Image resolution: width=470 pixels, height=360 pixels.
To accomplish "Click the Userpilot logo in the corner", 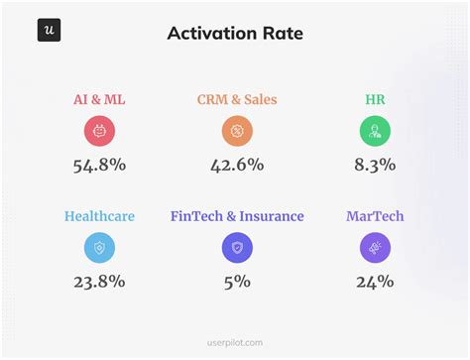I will click(x=50, y=30).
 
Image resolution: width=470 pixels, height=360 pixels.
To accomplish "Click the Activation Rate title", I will click(x=236, y=34).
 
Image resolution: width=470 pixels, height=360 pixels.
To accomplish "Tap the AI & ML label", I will click(x=99, y=100).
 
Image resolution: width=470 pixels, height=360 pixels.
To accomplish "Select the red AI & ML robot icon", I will click(x=99, y=131).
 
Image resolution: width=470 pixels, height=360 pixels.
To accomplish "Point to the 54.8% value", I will click(x=99, y=165).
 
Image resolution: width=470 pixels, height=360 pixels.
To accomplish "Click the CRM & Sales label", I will click(x=237, y=100).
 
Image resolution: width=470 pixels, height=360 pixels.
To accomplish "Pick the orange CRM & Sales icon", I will click(x=237, y=131).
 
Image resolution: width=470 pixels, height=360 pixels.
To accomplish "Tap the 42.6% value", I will click(x=237, y=165).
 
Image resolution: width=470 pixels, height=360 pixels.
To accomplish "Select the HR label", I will click(x=375, y=100).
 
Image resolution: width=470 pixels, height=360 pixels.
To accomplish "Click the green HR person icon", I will click(x=375, y=131).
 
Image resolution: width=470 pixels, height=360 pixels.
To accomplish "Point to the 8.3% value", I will click(x=375, y=165).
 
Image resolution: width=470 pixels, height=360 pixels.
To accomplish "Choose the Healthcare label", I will click(x=99, y=216).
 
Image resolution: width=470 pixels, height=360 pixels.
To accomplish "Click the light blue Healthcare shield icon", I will click(x=99, y=248).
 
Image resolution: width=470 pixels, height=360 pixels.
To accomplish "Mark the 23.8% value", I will click(x=99, y=282).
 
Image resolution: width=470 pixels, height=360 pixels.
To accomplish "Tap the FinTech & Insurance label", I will click(x=237, y=216).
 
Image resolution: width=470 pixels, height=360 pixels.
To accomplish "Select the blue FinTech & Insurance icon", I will click(x=237, y=248).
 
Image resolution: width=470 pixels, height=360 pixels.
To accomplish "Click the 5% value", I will click(x=237, y=282).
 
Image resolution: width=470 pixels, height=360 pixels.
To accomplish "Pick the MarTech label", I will click(x=375, y=216).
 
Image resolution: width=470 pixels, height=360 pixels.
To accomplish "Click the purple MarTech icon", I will click(x=375, y=248).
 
